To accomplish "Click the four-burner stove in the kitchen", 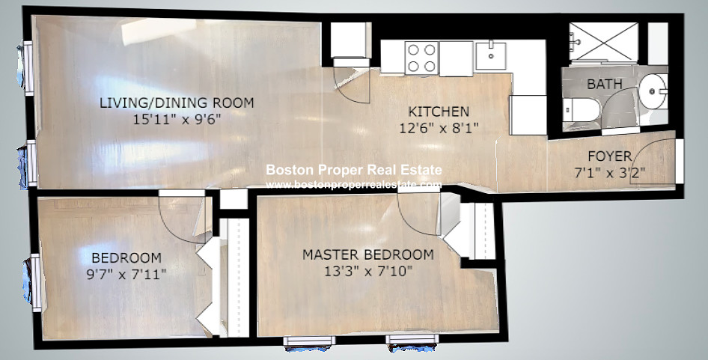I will point(421,58).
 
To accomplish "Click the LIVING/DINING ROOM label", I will point(177,103).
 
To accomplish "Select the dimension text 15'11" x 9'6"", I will point(177,118).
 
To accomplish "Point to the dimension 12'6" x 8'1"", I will point(439,128).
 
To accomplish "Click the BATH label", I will point(604,85).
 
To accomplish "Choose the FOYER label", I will point(610,156).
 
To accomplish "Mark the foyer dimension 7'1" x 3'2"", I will point(610,171).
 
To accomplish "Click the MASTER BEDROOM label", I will point(368,254).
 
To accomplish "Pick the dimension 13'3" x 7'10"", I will point(368,269).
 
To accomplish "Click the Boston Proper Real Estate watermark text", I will point(354,171).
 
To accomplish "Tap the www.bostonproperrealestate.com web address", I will point(354,184).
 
